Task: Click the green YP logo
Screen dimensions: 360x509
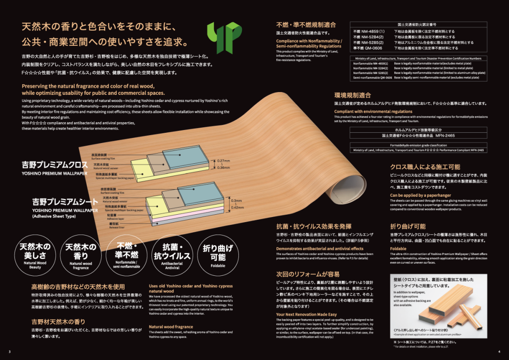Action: (x=224, y=37)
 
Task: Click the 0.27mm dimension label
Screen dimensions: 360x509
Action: (x=223, y=161)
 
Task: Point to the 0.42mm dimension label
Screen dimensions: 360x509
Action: (x=236, y=208)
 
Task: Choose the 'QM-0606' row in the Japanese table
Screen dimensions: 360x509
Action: (x=368, y=48)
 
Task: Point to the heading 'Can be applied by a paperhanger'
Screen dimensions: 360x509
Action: (x=421, y=195)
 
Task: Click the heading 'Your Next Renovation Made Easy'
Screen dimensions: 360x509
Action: (x=306, y=315)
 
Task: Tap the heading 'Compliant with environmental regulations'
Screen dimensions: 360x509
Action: (x=367, y=112)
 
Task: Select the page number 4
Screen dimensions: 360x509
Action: (x=499, y=351)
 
